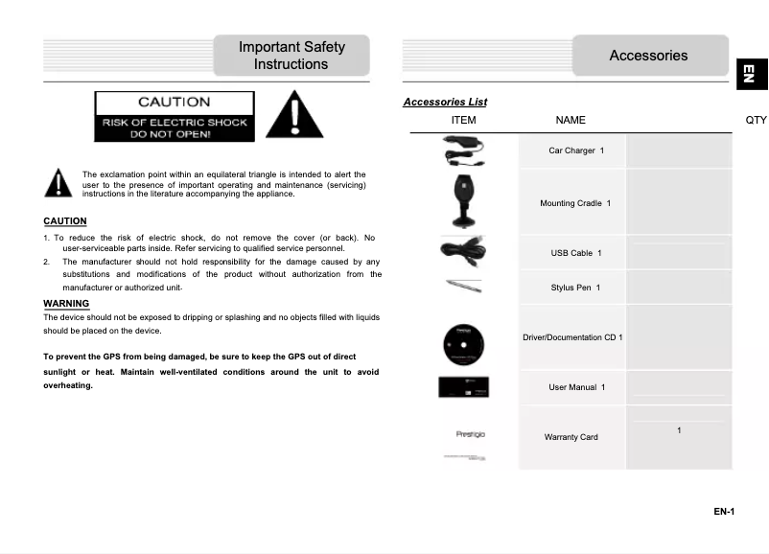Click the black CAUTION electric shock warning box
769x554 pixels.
pos(175,116)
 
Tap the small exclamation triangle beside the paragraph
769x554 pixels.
pos(58,182)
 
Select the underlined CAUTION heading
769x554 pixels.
pos(65,221)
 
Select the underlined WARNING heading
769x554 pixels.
pos(66,304)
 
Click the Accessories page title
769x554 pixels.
pos(648,56)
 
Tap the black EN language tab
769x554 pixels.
pos(752,74)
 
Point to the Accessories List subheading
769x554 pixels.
pos(445,103)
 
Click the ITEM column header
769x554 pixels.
pos(463,120)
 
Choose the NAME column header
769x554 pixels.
pos(571,120)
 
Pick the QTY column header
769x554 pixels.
pos(756,120)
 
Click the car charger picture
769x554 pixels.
pos(464,150)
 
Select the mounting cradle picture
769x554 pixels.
pos(464,201)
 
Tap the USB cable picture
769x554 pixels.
pos(464,251)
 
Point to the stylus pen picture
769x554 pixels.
pos(464,286)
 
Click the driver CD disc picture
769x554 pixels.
pos(464,340)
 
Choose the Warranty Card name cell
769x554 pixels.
pos(571,437)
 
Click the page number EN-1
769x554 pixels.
pos(723,512)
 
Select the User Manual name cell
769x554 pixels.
pos(571,387)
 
